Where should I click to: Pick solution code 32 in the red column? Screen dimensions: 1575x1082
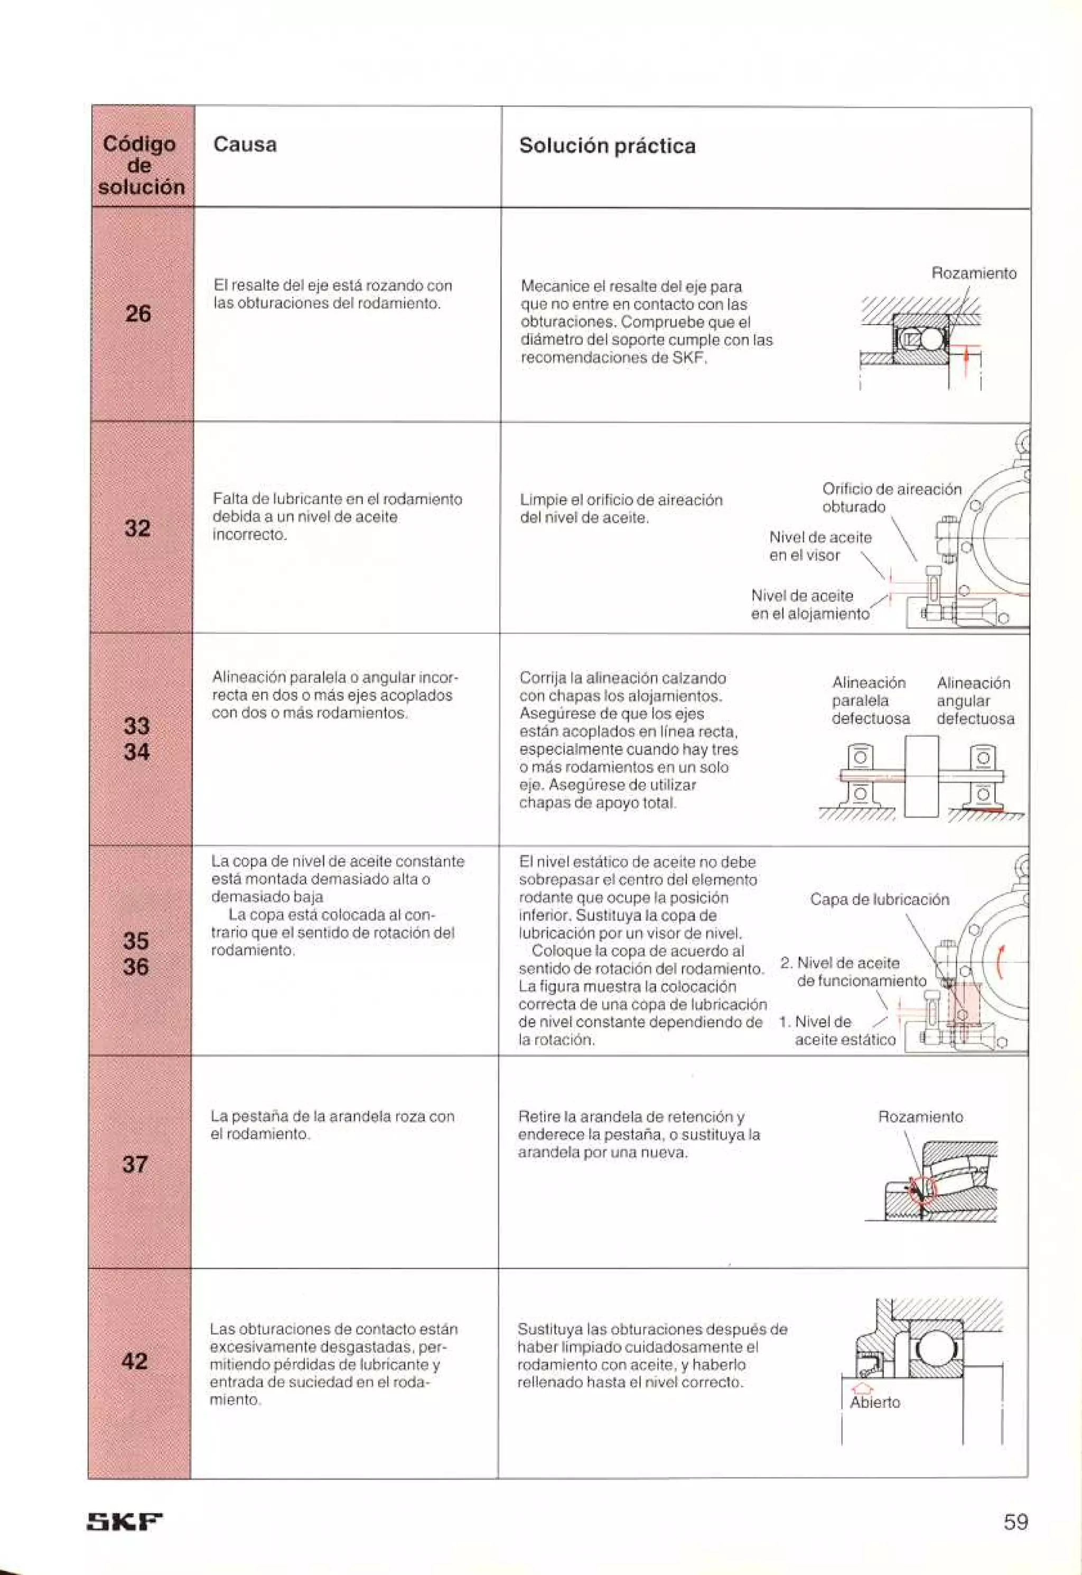point(137,528)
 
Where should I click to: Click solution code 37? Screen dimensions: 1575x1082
point(135,1164)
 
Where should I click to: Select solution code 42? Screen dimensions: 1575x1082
point(134,1361)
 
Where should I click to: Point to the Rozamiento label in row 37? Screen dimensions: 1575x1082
point(920,1117)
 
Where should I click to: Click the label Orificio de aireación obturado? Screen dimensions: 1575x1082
point(891,497)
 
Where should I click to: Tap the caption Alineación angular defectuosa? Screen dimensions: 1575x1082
point(975,700)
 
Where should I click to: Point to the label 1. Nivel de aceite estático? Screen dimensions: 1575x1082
point(837,1030)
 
